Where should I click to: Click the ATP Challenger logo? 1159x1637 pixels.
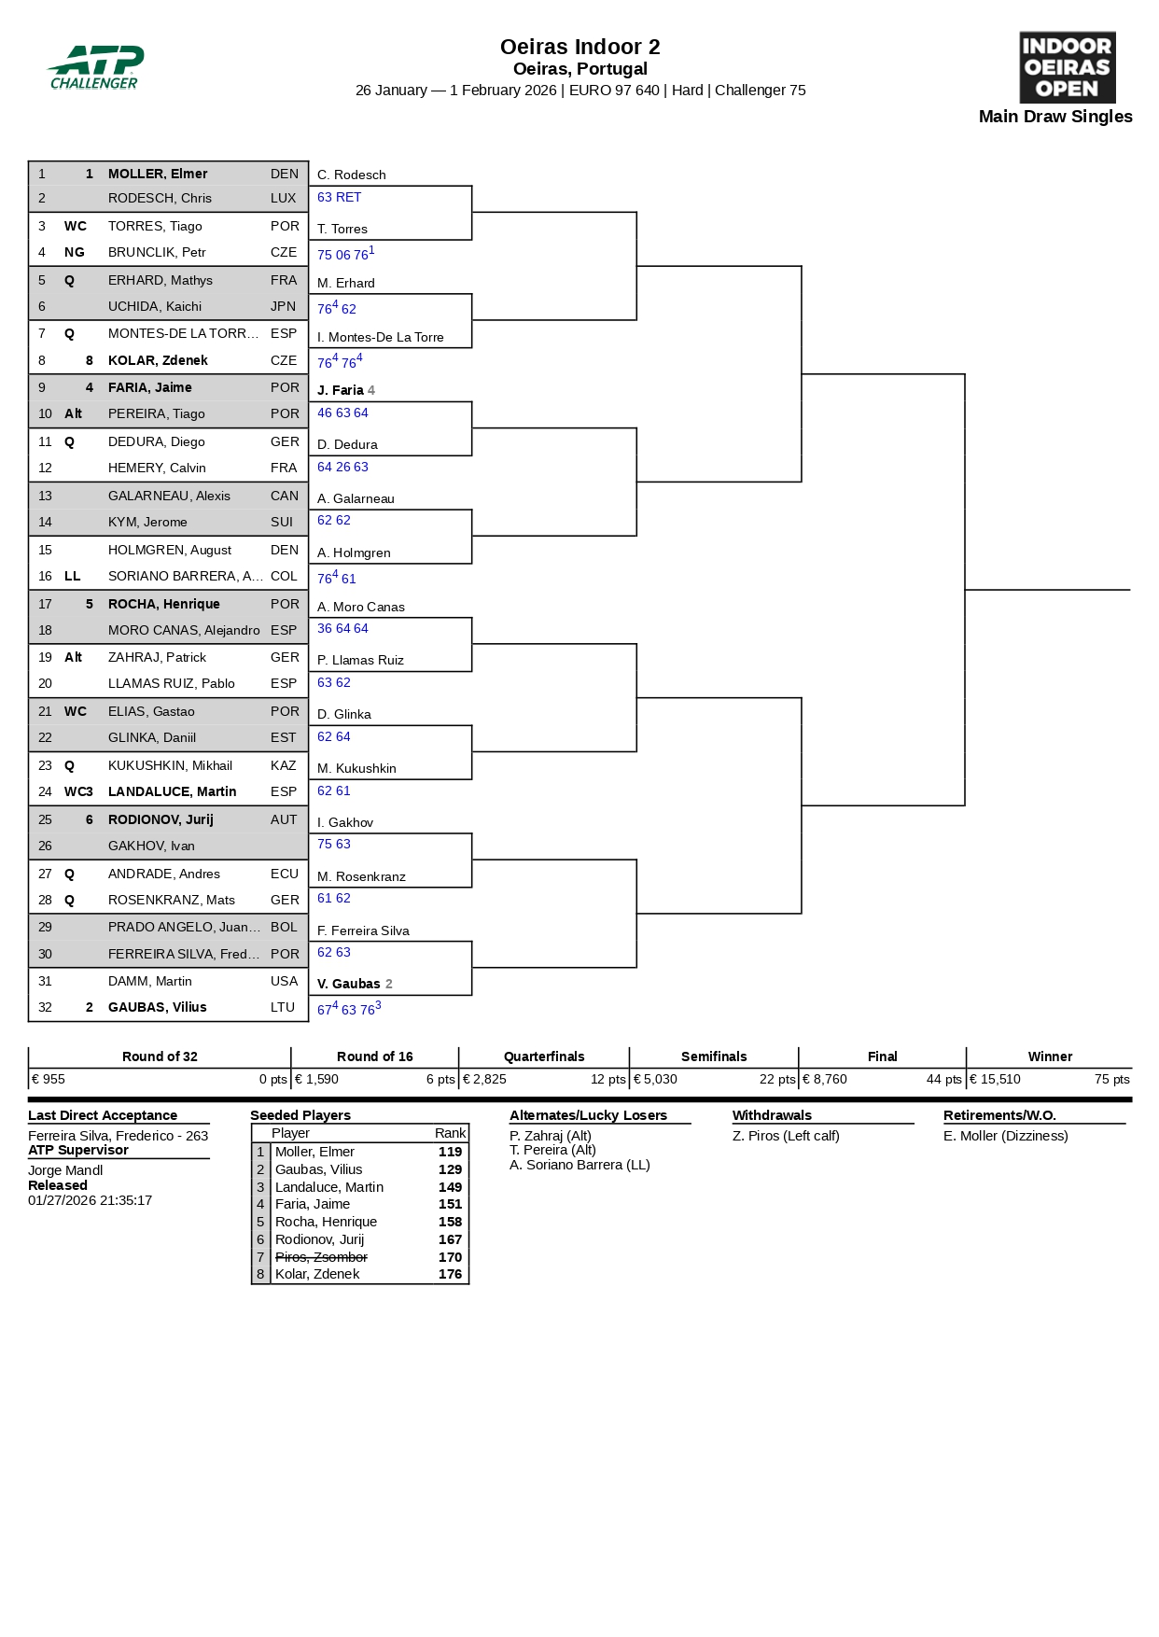click(95, 67)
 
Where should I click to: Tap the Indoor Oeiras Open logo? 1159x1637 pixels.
click(1067, 67)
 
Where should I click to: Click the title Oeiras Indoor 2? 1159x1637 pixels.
click(579, 47)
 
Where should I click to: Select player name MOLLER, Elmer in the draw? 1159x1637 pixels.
click(158, 174)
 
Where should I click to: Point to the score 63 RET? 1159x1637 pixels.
click(339, 197)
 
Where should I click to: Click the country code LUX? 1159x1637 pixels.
click(283, 198)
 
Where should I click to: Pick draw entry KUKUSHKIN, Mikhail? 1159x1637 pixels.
click(170, 765)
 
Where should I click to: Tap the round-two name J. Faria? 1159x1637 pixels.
click(341, 390)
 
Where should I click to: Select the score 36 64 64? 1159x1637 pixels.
click(342, 628)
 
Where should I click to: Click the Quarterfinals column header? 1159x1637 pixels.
click(544, 1056)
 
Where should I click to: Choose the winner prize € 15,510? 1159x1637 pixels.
click(995, 1079)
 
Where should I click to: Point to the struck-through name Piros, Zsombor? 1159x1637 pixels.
click(321, 1257)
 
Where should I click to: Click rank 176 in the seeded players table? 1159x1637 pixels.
click(450, 1274)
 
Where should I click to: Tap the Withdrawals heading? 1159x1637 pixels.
click(772, 1115)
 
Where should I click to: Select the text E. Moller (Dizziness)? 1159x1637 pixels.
click(1005, 1136)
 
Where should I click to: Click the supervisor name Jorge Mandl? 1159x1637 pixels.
click(65, 1170)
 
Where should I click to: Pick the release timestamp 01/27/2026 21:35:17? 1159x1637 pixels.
click(90, 1200)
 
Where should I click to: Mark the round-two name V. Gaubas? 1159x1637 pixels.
click(349, 984)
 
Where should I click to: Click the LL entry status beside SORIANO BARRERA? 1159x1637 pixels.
click(73, 576)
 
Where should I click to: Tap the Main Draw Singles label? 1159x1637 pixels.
click(1055, 117)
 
